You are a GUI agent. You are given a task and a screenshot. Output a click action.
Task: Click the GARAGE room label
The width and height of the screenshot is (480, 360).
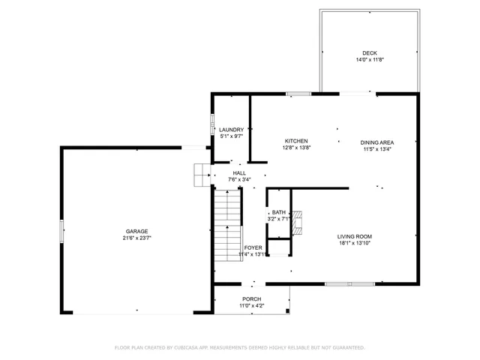click(136, 231)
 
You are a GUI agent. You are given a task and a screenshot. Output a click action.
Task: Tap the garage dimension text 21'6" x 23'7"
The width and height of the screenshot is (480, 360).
click(136, 238)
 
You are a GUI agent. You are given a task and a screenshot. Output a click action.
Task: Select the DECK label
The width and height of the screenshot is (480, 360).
click(370, 53)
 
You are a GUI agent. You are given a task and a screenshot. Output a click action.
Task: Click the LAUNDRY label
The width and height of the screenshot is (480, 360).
click(231, 130)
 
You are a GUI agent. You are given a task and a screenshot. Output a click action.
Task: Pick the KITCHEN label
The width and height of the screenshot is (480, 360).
click(296, 141)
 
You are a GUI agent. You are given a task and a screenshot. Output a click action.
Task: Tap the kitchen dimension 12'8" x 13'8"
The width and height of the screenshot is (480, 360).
click(296, 148)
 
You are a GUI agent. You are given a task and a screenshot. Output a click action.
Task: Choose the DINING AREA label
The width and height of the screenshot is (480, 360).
click(377, 142)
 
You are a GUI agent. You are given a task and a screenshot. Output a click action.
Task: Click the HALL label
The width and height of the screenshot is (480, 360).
click(239, 173)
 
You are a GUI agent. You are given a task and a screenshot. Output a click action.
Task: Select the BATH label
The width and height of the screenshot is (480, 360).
click(278, 212)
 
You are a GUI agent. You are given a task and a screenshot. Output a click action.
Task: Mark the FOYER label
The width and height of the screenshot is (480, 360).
click(253, 247)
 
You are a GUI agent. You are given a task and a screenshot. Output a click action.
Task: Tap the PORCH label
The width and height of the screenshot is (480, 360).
click(251, 298)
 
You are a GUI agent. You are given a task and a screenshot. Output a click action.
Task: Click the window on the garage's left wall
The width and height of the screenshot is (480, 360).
click(62, 230)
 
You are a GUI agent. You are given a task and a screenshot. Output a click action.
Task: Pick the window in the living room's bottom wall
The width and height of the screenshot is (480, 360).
click(349, 283)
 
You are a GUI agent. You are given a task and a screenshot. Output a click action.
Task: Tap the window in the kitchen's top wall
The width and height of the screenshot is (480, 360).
click(298, 94)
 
